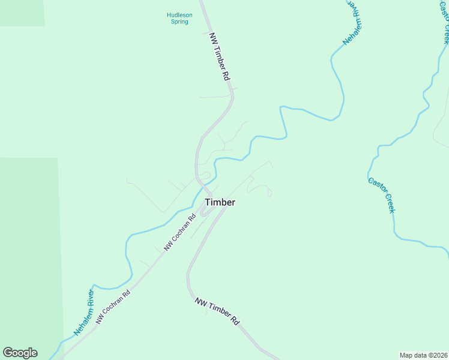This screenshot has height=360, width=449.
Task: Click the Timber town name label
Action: (x=220, y=202)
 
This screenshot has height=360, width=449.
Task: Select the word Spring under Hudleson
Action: (x=179, y=22)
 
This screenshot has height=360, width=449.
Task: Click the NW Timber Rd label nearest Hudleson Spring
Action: (x=219, y=57)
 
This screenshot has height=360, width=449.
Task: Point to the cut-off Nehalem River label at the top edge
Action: (x=354, y=23)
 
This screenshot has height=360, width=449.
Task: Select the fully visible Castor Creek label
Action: (x=382, y=195)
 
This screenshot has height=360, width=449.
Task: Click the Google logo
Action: (x=20, y=353)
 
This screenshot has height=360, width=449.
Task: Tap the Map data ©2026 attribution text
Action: (x=423, y=355)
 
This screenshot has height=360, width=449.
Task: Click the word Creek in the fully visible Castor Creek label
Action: (x=388, y=203)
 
